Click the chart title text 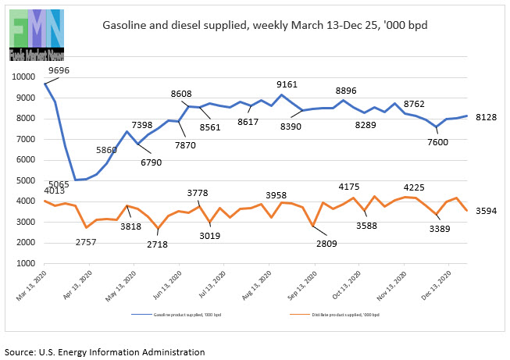(265, 25)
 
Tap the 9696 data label (59, 70)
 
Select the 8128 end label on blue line (485, 117)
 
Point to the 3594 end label (485, 211)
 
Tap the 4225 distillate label (415, 187)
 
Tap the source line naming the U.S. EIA (105, 351)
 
